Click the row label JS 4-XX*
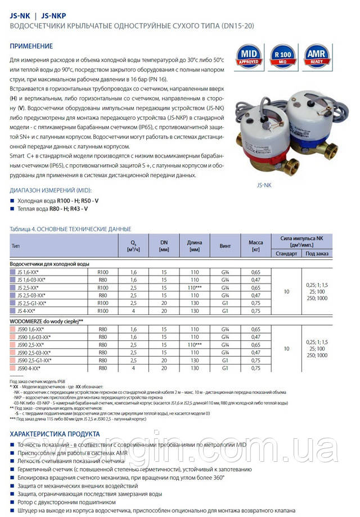click(x=29, y=311)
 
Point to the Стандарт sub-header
click(x=287, y=253)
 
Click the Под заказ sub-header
click(x=317, y=253)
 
